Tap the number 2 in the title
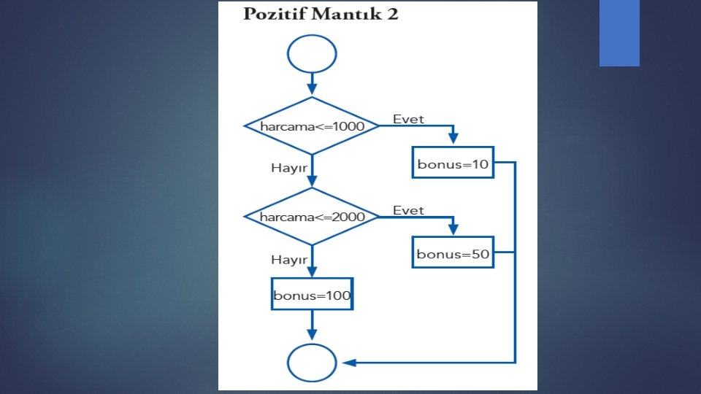pos(393,15)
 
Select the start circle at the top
pos(312,55)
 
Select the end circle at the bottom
pos(312,363)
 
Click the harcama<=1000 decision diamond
pos(312,125)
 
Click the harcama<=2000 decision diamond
pos(312,217)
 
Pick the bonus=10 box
pos(453,164)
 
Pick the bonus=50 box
pos(453,254)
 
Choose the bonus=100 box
pos(312,296)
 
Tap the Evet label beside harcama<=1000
pos(408,119)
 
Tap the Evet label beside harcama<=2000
pos(408,210)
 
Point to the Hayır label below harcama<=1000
pos(286,168)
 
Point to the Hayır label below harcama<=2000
pos(286,259)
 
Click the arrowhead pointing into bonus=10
pos(453,141)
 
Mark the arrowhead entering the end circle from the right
pos(347,363)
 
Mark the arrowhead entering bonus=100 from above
pos(312,272)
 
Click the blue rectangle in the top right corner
pos(619,33)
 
